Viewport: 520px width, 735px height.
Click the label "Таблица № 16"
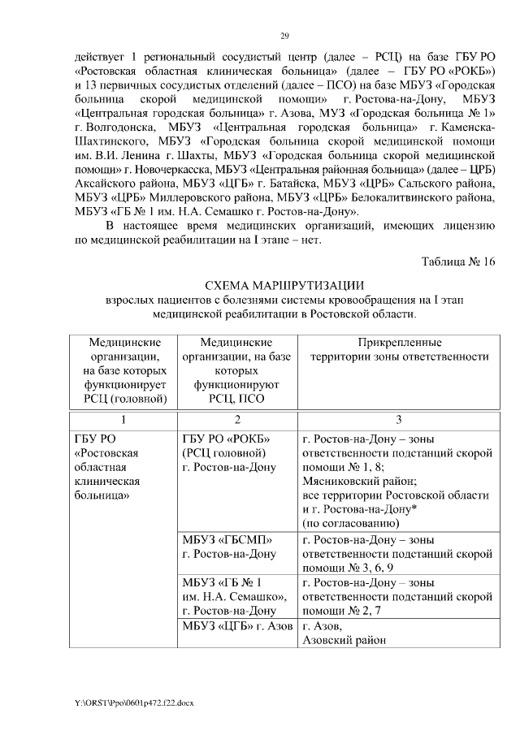pos(457,262)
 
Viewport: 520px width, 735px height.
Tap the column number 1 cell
pos(123,419)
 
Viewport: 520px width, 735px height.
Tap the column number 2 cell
pos(236,419)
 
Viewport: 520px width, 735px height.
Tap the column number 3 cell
pos(399,419)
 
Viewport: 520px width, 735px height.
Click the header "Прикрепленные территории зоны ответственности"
pos(399,350)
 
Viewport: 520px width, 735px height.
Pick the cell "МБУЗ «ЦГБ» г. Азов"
pos(236,627)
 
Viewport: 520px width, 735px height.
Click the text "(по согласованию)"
pos(351,524)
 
